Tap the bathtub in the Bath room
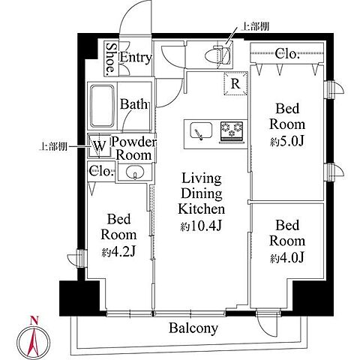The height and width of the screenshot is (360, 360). (x=102, y=106)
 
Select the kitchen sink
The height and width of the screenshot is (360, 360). (x=201, y=131)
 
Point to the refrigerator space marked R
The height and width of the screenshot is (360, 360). (x=235, y=84)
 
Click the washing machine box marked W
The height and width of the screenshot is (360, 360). (x=100, y=146)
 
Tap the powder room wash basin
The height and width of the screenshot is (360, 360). (x=135, y=172)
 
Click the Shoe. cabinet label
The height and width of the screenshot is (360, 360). (x=110, y=59)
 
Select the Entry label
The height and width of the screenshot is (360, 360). (x=136, y=58)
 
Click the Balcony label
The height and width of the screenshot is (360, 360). (x=193, y=328)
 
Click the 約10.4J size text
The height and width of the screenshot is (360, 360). (x=201, y=226)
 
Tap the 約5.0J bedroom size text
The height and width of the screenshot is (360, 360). (x=287, y=142)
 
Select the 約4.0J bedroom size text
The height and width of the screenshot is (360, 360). (x=287, y=258)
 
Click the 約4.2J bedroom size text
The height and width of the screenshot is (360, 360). (x=118, y=252)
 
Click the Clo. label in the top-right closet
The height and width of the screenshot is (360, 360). (x=287, y=53)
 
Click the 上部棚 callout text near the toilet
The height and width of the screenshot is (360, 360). (x=254, y=26)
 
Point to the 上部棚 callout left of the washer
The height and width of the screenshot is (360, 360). (x=53, y=147)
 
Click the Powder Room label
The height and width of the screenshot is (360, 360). (x=133, y=148)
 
